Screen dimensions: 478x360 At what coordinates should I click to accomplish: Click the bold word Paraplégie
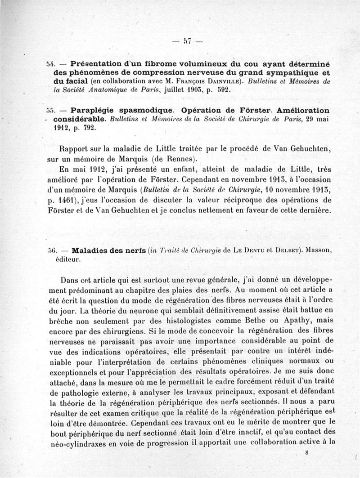(95, 111)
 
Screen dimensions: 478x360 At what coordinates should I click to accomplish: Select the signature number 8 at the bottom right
(306, 454)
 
